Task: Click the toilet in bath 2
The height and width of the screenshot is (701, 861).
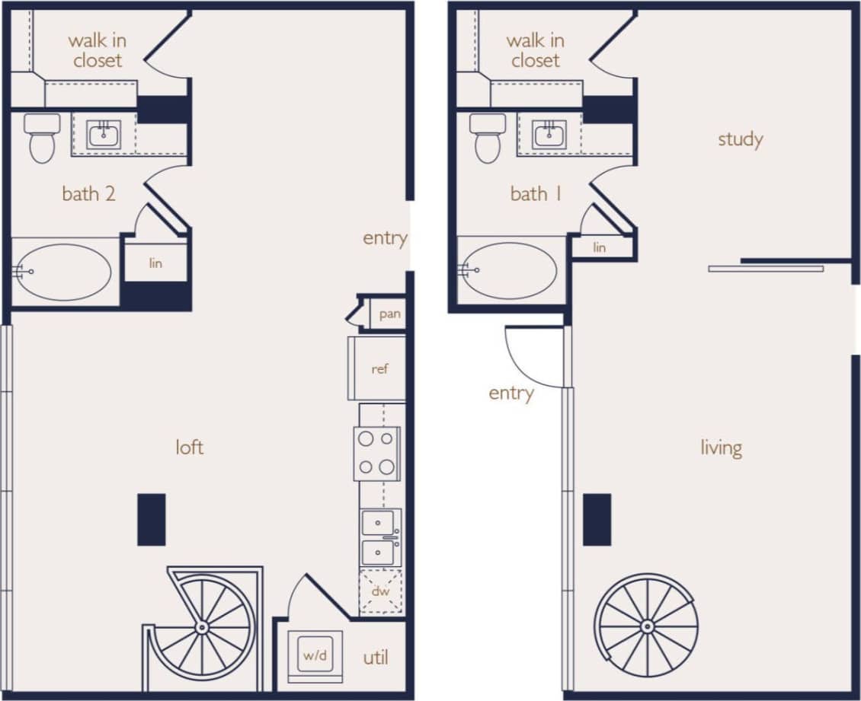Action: point(42,138)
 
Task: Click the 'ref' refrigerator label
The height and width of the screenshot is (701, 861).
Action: point(379,369)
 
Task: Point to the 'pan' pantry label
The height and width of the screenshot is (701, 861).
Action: point(389,314)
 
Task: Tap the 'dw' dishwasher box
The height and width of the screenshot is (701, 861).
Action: point(380,591)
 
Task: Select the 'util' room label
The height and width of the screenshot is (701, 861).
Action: point(376,658)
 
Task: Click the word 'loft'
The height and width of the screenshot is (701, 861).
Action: point(189,448)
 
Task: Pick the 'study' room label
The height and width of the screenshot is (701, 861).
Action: point(740,139)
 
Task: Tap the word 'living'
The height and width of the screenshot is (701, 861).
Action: point(721,448)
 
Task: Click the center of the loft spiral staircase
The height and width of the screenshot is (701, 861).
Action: point(202,627)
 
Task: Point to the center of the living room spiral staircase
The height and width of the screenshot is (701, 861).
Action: point(647,626)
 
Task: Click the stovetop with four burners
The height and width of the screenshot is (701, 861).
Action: point(377,454)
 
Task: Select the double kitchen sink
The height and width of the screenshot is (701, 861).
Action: point(379,537)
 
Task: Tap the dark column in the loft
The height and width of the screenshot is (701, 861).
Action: point(151,519)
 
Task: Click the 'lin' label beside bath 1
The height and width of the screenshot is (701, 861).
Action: point(600,247)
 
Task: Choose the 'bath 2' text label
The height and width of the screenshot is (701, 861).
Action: point(88,194)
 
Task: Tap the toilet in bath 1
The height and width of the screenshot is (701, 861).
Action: point(488,138)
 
